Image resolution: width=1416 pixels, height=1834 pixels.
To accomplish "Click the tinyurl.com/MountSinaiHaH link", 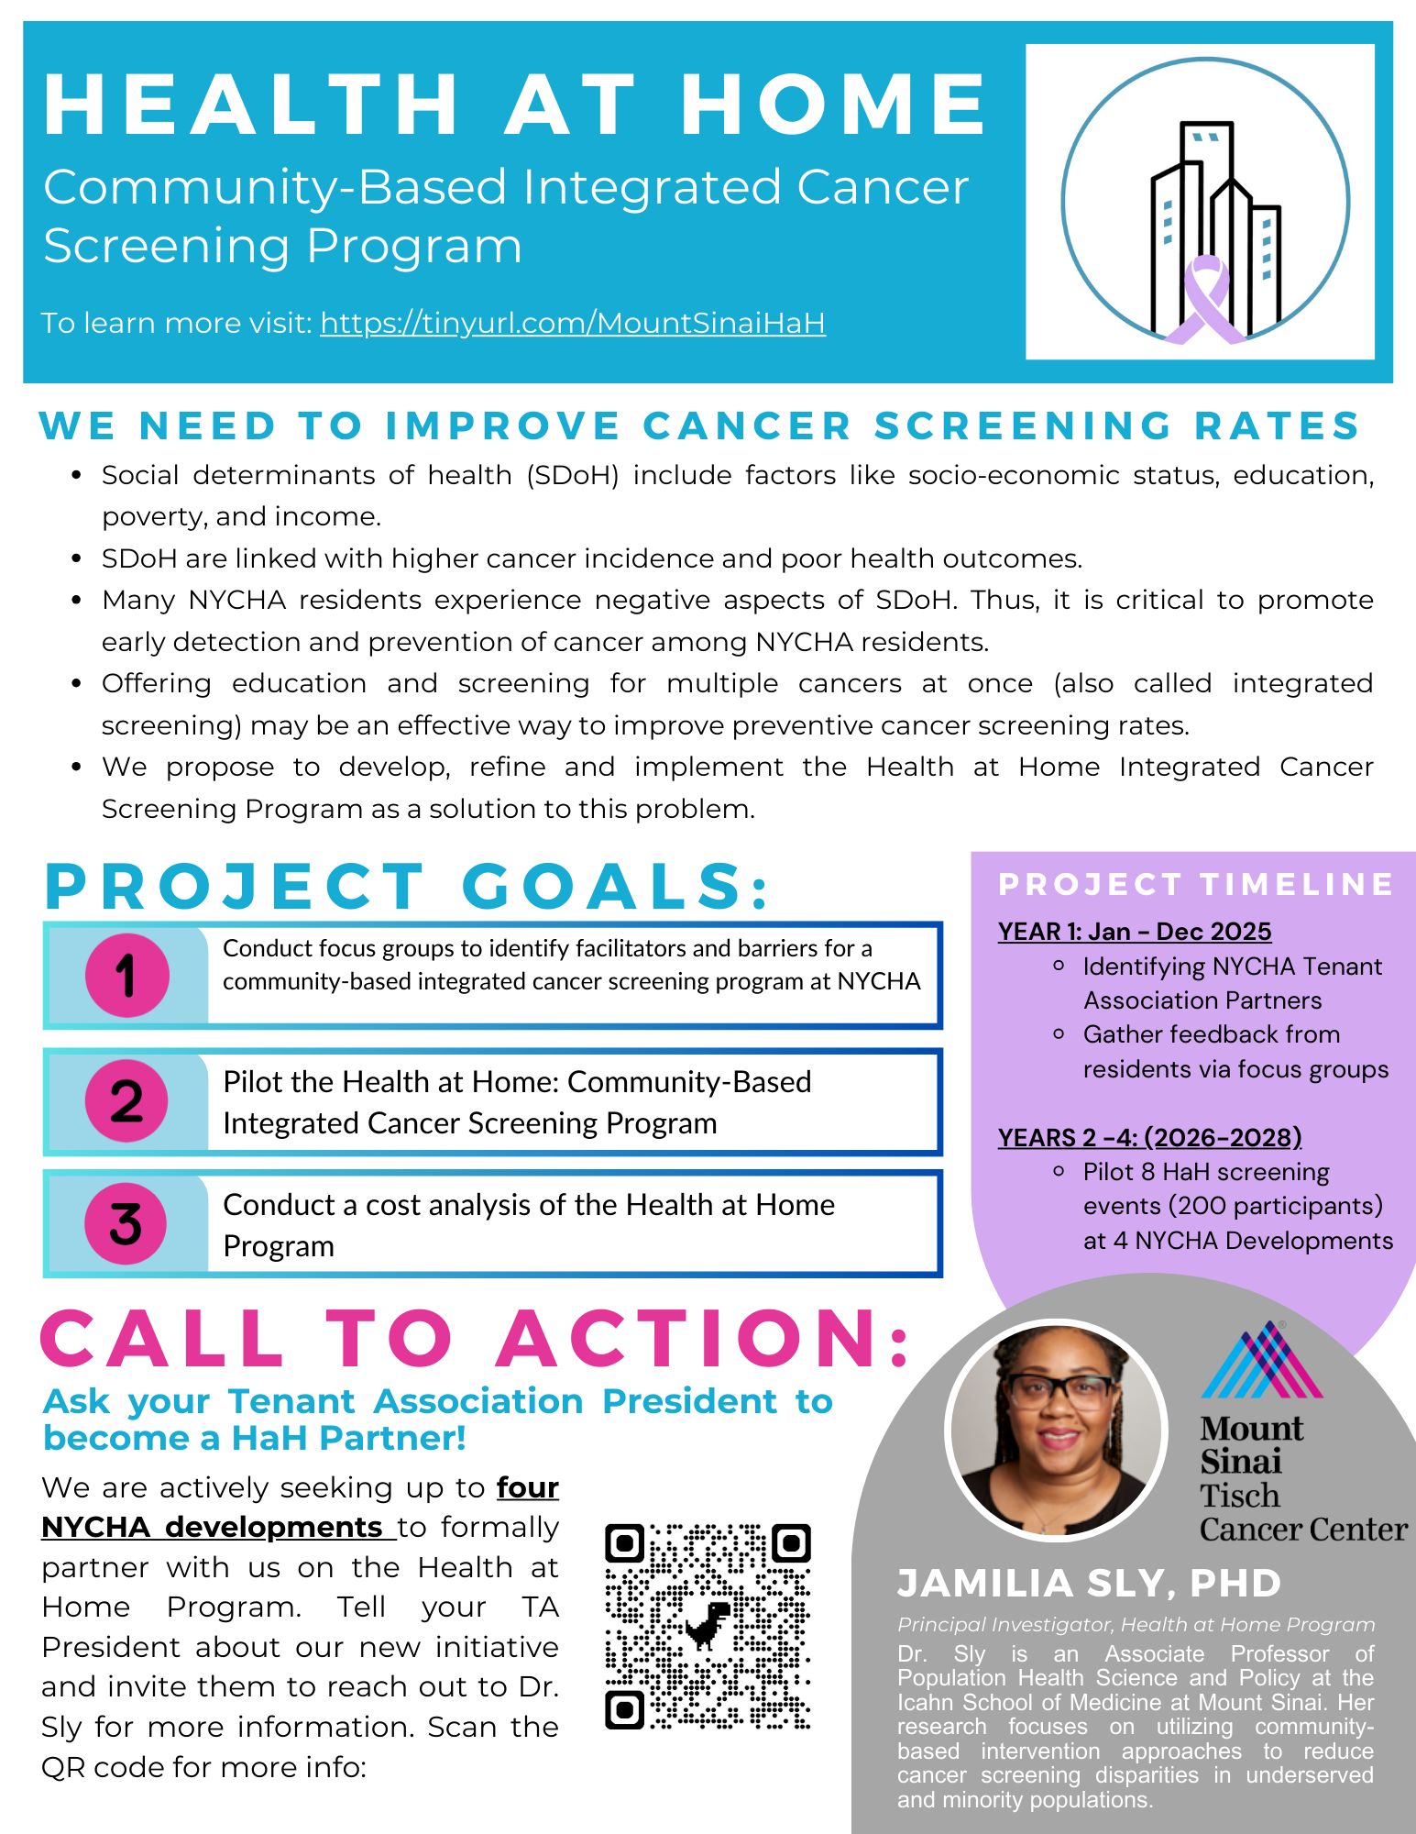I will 573,323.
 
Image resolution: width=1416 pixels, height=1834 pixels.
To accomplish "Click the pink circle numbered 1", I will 126,975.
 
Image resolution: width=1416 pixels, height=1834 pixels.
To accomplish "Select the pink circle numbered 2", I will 126,1100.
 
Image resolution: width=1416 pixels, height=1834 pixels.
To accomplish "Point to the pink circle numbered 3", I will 126,1223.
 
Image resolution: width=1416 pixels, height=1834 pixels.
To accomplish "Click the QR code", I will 708,1627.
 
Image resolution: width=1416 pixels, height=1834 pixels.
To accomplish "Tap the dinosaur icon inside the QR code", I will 708,1626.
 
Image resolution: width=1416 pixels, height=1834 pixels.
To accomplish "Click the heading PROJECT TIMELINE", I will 1195,884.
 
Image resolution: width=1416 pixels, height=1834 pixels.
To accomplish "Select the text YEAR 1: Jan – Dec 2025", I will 1135,932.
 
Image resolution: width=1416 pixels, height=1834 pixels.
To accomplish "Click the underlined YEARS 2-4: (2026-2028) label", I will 1149,1138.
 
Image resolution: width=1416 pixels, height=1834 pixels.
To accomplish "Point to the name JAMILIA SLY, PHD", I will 1089,1584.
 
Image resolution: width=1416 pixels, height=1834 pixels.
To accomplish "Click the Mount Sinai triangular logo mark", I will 1262,1361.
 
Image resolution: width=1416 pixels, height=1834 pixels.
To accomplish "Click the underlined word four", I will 528,1487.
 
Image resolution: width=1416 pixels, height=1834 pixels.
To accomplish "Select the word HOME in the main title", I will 832,104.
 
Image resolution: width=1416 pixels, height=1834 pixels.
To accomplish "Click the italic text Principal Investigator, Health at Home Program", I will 1136,1625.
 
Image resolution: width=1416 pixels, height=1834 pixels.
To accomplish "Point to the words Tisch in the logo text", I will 1239,1496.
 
